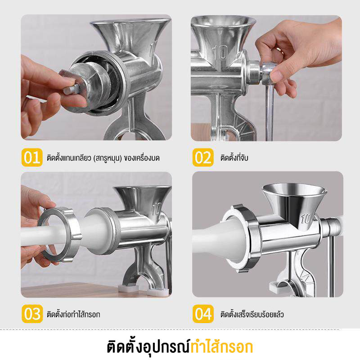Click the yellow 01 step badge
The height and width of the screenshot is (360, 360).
pos(32,157)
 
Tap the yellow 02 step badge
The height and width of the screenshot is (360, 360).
pos(203,157)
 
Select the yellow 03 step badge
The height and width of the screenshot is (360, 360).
pos(32,314)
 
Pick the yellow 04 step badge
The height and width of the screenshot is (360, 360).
pos(203,314)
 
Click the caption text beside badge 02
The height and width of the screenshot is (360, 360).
pos(234,158)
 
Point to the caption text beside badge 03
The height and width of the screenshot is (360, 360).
pos(73,314)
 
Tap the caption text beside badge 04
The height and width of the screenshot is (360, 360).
pos(252,314)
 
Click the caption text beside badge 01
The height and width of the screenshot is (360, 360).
pos(103,158)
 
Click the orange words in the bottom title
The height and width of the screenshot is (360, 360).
pos(221,346)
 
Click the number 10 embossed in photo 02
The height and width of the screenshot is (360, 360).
pos(220,53)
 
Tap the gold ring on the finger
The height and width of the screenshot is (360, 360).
pos(280,51)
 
